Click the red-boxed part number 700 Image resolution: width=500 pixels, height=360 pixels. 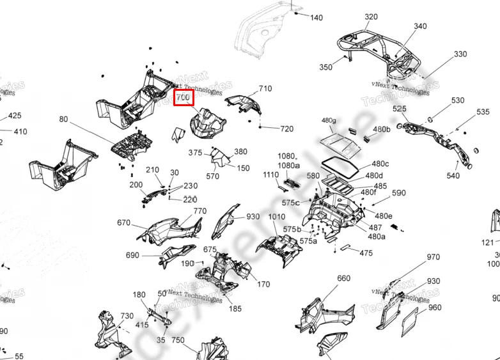184,98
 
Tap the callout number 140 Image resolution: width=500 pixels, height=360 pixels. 316,18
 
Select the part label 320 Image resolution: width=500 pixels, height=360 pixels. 371,17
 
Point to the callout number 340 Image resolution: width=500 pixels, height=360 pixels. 420,26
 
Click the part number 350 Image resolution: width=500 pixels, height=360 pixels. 326,67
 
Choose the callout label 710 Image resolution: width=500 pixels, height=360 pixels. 265,89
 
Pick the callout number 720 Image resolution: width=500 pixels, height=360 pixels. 286,129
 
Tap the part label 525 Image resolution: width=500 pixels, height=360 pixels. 400,109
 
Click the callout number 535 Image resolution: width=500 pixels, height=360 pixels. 483,113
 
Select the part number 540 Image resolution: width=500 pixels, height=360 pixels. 453,176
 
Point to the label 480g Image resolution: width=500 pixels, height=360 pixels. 329,121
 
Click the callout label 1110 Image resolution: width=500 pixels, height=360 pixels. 271,175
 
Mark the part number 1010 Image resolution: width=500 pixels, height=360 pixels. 277,217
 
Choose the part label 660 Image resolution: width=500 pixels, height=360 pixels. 344,278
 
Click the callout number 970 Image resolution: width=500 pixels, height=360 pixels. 434,258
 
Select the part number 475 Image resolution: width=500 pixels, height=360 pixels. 366,254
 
